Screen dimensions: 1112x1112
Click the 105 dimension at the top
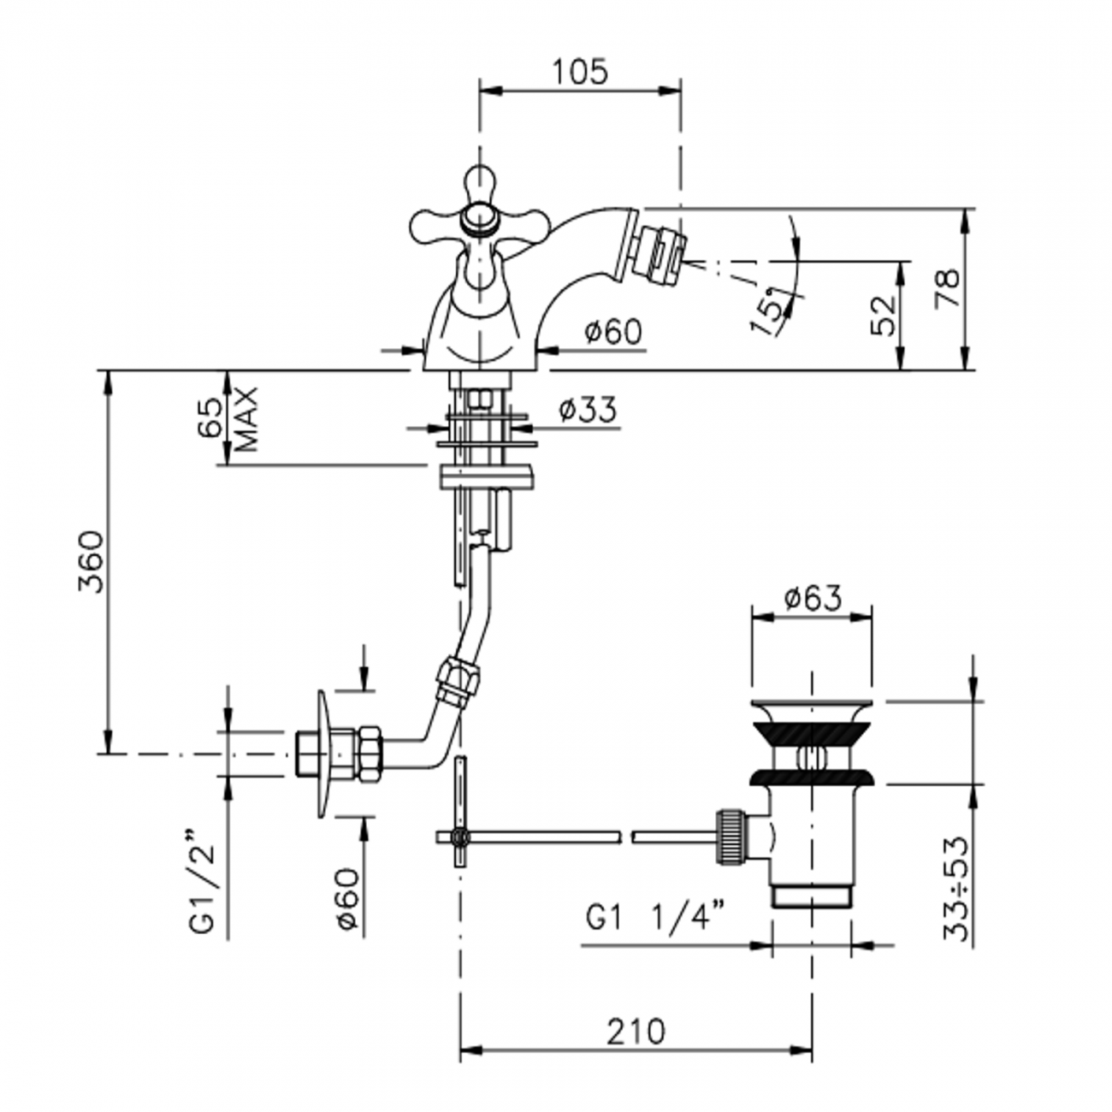click(x=580, y=72)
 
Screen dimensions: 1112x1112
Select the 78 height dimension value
click(x=947, y=288)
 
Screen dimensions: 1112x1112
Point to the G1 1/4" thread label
click(x=656, y=917)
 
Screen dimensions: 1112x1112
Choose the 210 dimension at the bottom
click(x=636, y=1032)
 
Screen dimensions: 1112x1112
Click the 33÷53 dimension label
click(x=957, y=889)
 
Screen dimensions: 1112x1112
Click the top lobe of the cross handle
click(x=480, y=183)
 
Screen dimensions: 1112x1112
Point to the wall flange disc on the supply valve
click(x=322, y=754)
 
